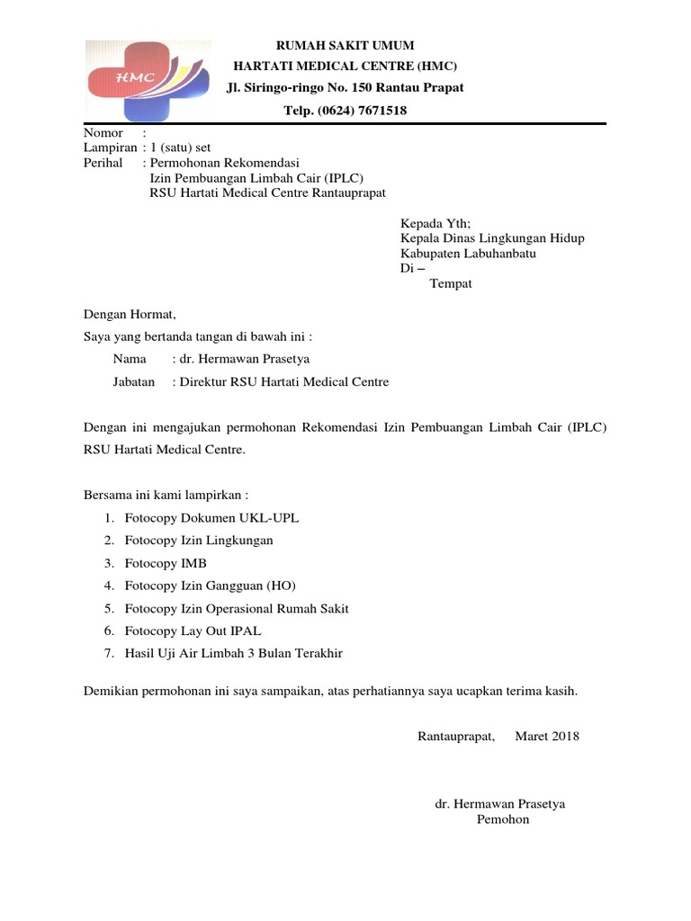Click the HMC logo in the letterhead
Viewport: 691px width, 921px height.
tap(148, 81)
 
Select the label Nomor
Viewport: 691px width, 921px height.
tap(103, 133)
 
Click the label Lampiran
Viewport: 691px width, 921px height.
tap(110, 148)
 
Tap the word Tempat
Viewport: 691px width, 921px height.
tap(451, 283)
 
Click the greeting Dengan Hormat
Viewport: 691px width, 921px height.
tap(130, 315)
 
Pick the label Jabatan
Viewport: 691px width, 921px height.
tap(134, 381)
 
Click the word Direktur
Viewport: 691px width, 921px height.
tap(204, 381)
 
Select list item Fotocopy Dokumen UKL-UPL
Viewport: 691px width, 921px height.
tap(211, 518)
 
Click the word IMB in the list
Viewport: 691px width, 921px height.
tap(193, 563)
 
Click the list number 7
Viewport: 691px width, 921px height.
tap(108, 653)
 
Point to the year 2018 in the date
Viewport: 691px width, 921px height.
tap(565, 737)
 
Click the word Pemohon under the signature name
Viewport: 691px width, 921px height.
tap(503, 819)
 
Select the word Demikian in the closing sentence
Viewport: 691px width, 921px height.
tap(114, 692)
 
